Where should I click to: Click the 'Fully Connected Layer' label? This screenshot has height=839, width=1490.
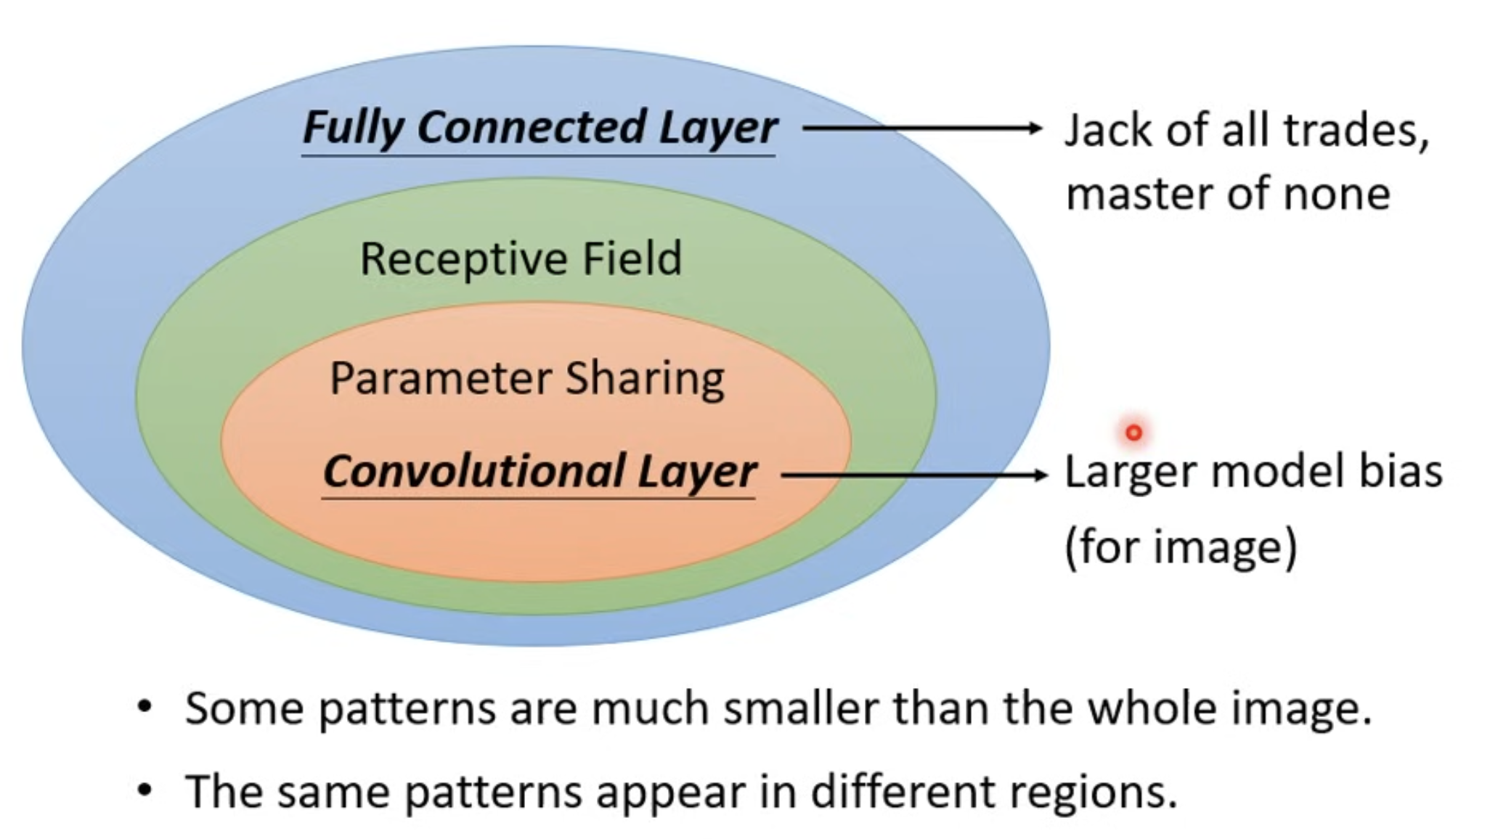[540, 128]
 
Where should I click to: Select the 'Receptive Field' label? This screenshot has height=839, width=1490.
[521, 258]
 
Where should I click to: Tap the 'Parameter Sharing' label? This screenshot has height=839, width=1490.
[527, 380]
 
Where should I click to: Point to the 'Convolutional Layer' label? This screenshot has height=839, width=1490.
[540, 472]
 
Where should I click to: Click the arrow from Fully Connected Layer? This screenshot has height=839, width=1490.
[922, 128]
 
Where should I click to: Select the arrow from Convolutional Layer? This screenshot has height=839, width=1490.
[914, 475]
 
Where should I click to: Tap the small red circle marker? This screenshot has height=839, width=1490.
[1133, 433]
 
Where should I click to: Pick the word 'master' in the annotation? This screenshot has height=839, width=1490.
[1139, 195]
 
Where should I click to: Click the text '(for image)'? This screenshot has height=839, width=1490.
[1181, 547]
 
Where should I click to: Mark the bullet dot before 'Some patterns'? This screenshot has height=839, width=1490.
[145, 706]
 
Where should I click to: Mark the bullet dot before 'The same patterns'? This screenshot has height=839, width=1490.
[145, 790]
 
